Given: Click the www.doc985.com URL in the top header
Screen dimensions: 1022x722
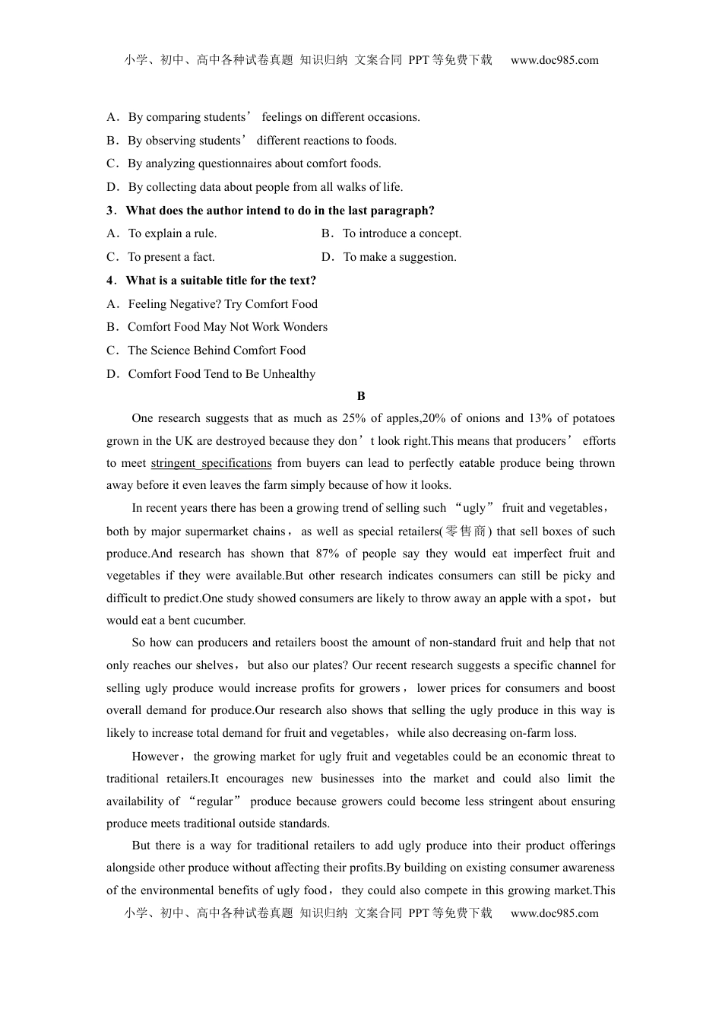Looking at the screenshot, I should [x=554, y=60].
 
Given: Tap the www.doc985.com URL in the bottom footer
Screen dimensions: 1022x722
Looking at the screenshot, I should [x=554, y=913].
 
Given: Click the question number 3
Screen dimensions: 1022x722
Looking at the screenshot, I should [x=110, y=211].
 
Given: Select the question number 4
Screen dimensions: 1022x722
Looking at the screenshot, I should [x=110, y=281].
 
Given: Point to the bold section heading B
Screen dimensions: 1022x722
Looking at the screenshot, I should [x=361, y=396].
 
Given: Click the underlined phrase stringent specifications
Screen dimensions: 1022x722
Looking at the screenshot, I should [x=211, y=463].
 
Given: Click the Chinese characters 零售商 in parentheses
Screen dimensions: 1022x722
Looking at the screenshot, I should [x=466, y=532].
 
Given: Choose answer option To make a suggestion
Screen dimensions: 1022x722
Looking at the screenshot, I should [x=400, y=257].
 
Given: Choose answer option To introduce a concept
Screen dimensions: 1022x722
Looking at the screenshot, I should [x=402, y=233].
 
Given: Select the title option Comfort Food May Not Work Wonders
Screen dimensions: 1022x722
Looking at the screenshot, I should [x=227, y=327].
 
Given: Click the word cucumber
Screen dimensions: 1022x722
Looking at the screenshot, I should [x=220, y=620].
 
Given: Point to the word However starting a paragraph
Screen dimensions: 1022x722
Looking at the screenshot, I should [x=155, y=757].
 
